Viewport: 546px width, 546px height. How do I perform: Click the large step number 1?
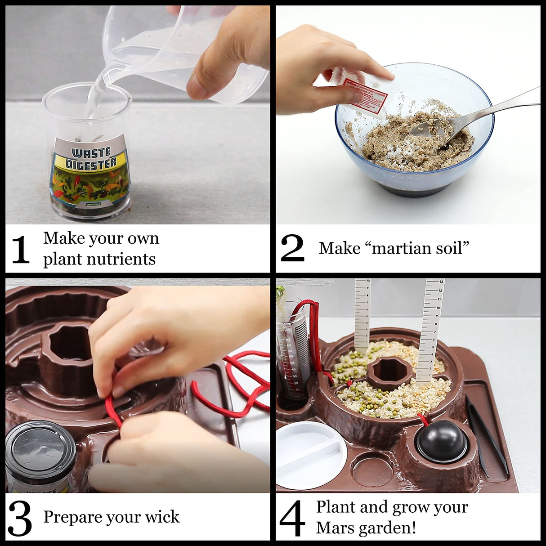(x=20, y=250)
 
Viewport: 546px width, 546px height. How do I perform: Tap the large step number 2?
(x=292, y=248)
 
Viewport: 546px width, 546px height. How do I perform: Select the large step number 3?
(x=20, y=518)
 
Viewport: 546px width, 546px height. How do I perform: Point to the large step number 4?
(x=292, y=518)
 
